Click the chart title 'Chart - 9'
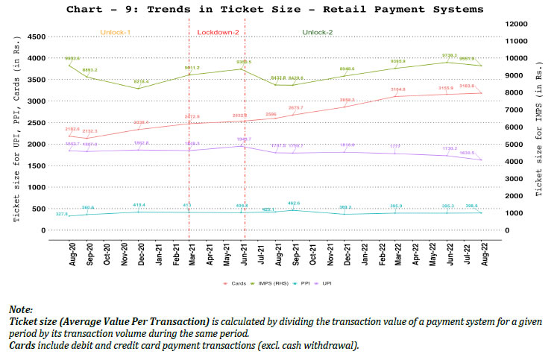(274, 10)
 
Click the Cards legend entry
(238, 284)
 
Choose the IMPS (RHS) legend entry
(275, 284)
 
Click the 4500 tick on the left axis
(36, 37)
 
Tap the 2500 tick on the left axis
(36, 123)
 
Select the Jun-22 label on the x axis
(448, 255)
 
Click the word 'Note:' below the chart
(22, 308)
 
